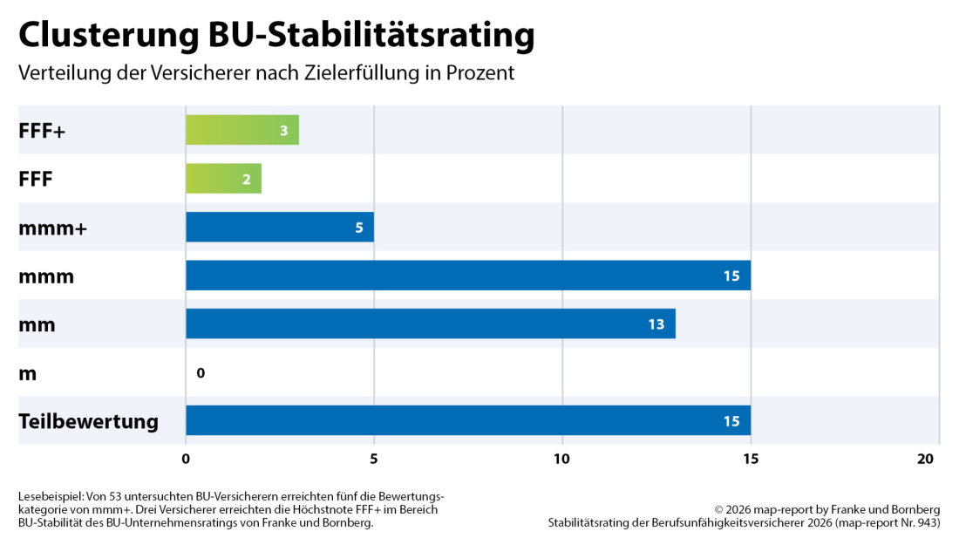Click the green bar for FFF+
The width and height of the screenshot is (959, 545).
(x=241, y=130)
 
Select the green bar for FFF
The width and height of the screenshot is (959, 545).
(x=223, y=179)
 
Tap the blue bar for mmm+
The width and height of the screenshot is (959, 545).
(x=279, y=228)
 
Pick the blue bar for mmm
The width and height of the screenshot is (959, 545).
(x=467, y=276)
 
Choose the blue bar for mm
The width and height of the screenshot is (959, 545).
(x=430, y=324)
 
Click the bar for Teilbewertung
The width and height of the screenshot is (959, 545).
(x=467, y=420)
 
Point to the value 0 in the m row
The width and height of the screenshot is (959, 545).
(x=201, y=373)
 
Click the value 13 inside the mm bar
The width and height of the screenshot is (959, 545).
(x=656, y=324)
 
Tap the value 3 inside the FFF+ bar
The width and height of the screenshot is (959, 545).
(x=284, y=131)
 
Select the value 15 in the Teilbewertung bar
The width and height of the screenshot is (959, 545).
(x=731, y=421)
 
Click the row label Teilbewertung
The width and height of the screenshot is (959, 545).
(x=89, y=421)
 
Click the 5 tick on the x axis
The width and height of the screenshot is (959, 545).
(x=374, y=460)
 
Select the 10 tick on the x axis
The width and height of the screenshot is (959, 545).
(x=562, y=460)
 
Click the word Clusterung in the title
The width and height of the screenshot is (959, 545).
(x=108, y=35)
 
